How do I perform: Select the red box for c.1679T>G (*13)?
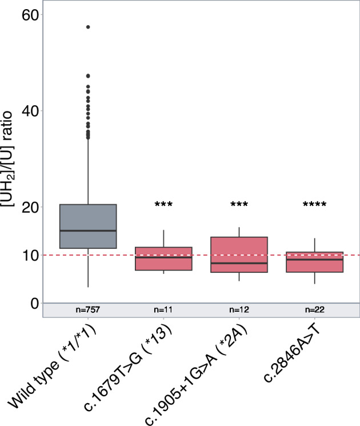(163, 258)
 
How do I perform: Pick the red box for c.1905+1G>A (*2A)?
(239, 254)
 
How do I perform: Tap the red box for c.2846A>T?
(315, 262)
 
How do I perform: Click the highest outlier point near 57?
(88, 27)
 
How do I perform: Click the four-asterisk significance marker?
(315, 205)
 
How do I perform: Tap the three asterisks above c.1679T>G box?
(163, 205)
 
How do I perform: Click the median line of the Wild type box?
(88, 230)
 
